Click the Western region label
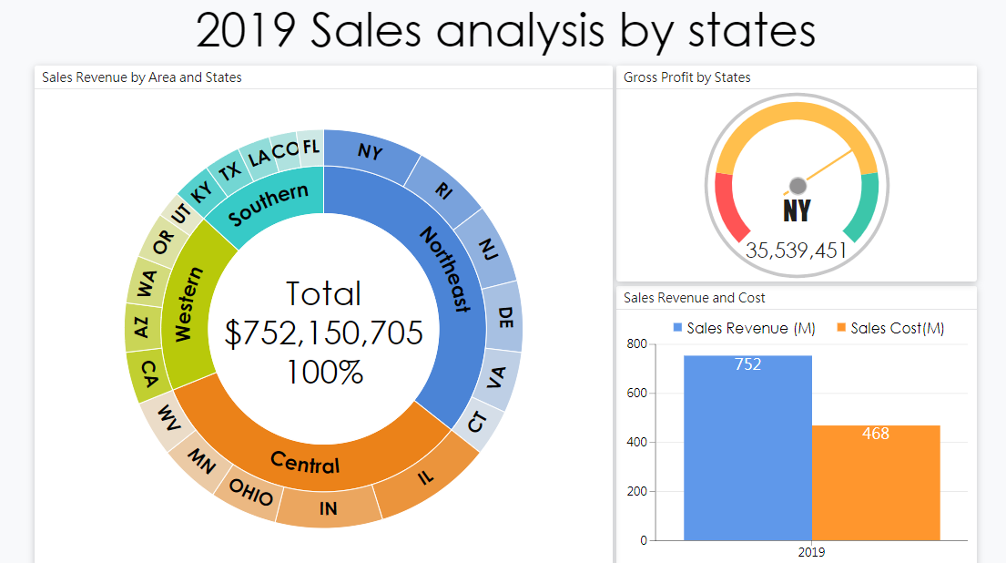tap(185, 305)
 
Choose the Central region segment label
tap(305, 463)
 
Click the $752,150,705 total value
tap(324, 333)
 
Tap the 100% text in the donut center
tap(324, 372)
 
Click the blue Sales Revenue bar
tap(747, 446)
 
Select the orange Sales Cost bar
tap(876, 483)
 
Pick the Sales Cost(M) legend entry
tap(889, 328)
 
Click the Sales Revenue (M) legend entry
tap(743, 328)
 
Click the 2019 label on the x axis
tap(810, 552)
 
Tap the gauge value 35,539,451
tap(797, 251)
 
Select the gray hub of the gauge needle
tap(798, 185)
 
